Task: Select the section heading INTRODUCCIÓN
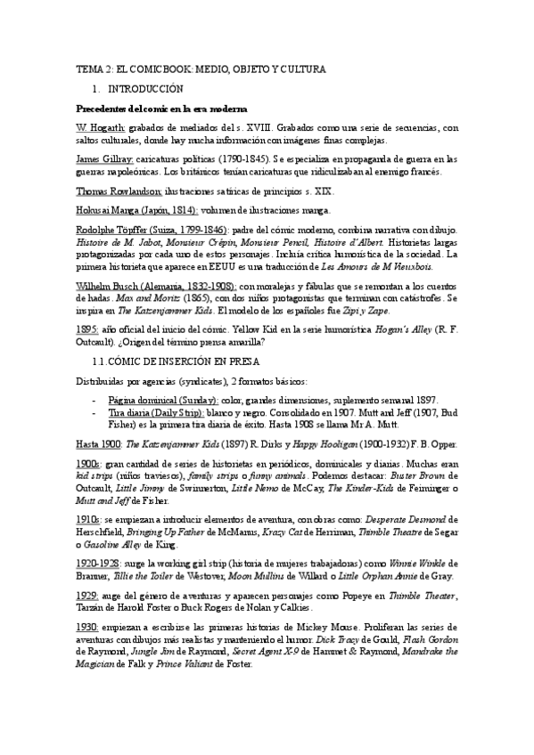click(145, 89)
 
